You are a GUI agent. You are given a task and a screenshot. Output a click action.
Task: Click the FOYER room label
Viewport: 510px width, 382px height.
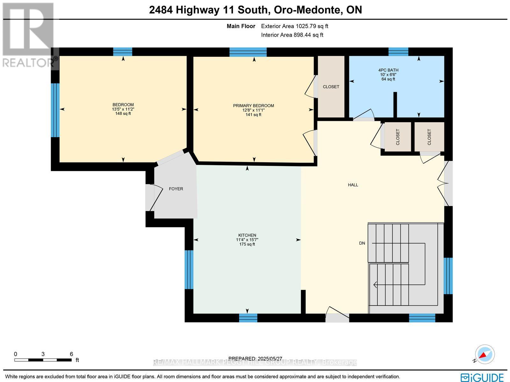coord(176,189)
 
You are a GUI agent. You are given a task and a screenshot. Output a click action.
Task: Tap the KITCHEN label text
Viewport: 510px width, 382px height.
coord(247,235)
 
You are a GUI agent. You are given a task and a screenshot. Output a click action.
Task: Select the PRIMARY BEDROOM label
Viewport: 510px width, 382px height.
coord(253,106)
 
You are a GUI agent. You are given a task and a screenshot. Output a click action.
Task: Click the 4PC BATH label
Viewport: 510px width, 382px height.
coord(388,70)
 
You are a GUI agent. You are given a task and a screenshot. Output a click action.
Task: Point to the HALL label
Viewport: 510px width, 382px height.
coord(353,185)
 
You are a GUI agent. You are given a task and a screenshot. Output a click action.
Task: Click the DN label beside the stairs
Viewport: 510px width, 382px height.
coord(362,243)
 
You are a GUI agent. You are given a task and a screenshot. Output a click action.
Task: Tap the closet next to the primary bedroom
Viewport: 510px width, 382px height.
coord(331,87)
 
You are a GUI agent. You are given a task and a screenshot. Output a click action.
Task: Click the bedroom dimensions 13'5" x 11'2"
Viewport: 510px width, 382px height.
coord(123,109)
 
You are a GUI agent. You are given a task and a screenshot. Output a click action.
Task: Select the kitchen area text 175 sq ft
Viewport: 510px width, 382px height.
coord(247,244)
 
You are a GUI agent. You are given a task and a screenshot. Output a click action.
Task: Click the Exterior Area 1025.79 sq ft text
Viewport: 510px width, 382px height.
coord(295,26)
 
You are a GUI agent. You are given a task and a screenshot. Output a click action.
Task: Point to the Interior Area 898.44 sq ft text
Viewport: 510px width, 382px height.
coord(292,35)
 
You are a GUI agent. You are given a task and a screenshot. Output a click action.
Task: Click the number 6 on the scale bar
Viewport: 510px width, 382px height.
coord(71,354)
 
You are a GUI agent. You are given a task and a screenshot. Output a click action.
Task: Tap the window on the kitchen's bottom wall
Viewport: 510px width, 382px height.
coord(248,318)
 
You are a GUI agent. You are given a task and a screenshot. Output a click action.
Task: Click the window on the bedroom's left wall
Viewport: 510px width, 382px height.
coord(55,110)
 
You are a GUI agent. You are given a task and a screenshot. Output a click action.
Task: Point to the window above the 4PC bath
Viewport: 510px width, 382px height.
coord(398,52)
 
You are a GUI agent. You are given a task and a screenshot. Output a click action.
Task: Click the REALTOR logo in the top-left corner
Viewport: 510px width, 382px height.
coord(29,35)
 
